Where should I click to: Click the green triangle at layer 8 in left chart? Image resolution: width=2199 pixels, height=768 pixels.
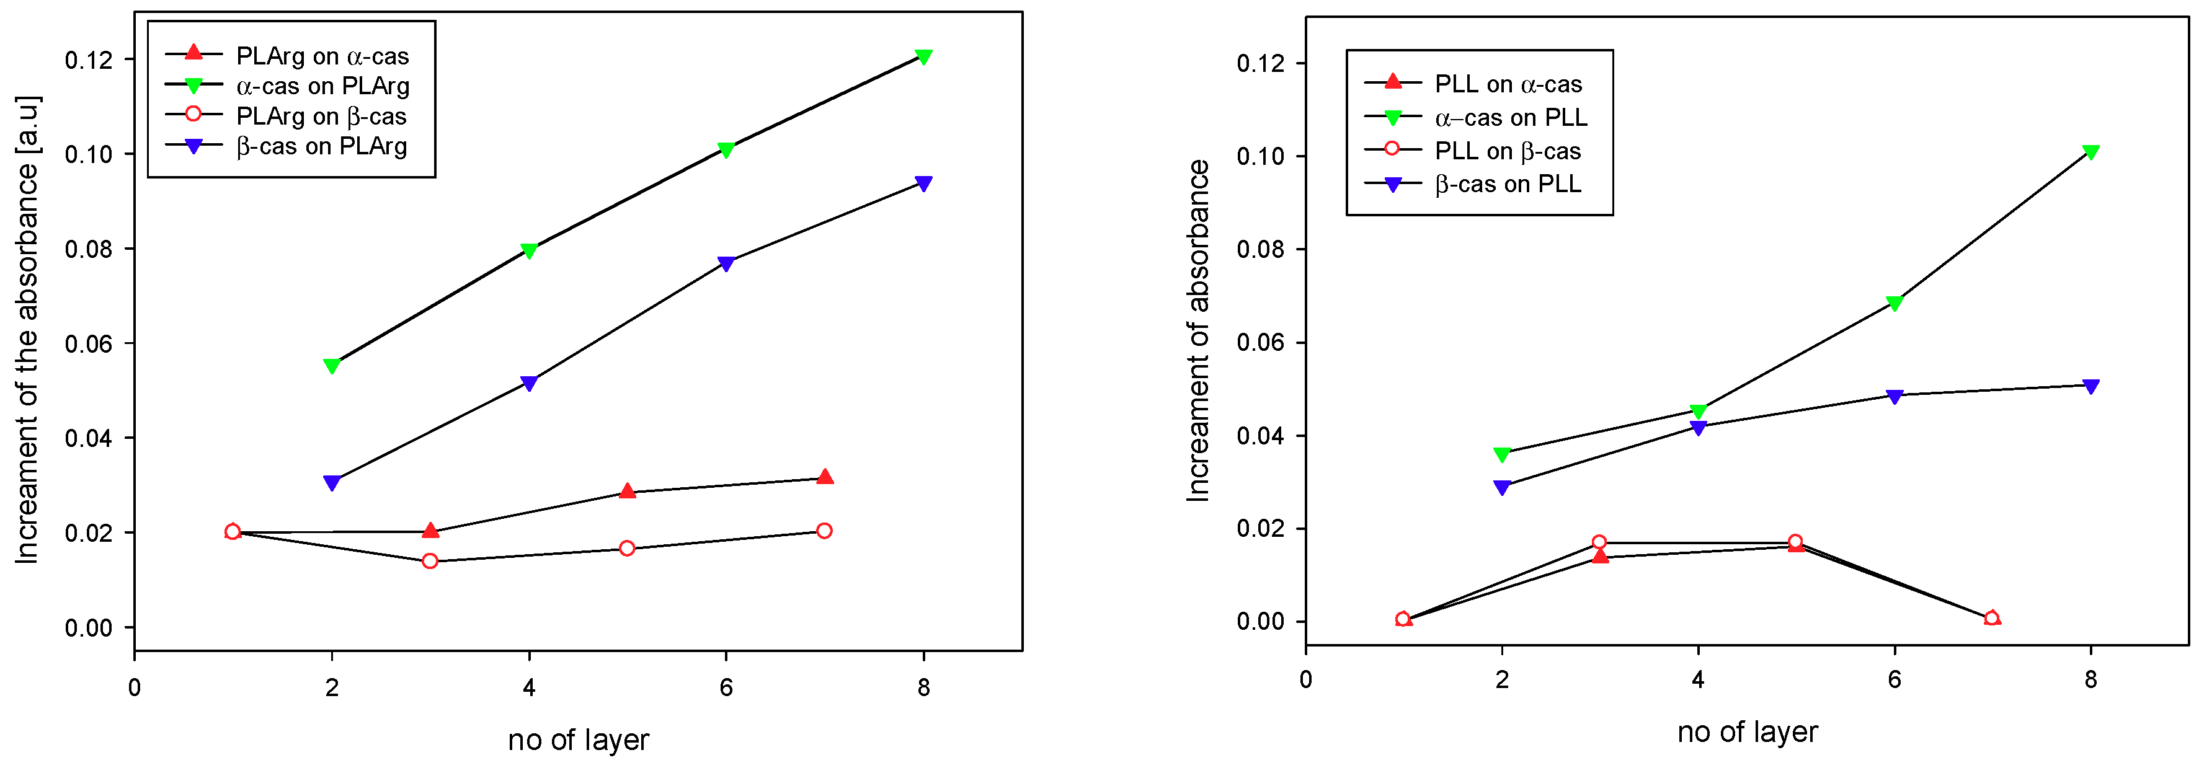(923, 57)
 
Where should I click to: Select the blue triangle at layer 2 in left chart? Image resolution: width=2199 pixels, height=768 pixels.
(332, 483)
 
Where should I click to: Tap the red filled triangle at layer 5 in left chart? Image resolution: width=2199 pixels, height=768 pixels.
(628, 492)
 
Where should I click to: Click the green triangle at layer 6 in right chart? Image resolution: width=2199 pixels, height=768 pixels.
(1895, 304)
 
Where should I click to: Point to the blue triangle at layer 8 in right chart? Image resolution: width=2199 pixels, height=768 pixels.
(2090, 387)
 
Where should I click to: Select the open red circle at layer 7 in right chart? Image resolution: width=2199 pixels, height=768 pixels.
(1991, 618)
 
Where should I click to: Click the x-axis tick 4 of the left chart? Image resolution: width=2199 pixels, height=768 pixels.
(528, 688)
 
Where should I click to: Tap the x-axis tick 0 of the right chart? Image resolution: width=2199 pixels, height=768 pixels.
(1305, 680)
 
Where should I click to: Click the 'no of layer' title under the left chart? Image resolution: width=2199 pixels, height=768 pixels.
(578, 740)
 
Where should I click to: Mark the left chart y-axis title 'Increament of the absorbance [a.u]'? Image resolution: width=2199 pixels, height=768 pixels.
(27, 331)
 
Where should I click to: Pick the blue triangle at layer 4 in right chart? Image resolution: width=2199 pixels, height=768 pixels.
(1698, 428)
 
